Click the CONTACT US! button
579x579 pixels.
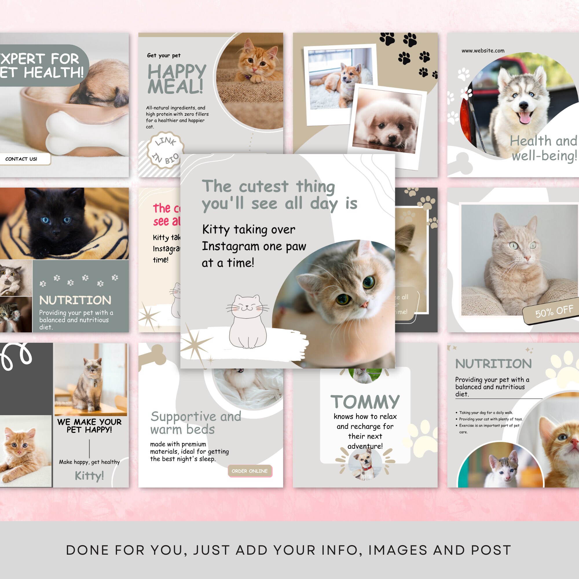(x=22, y=159)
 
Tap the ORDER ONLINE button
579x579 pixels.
(x=250, y=471)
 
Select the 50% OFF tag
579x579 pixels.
(x=554, y=312)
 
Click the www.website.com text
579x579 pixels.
(x=483, y=51)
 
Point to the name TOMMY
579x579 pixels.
(x=365, y=402)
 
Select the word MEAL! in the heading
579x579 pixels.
(x=176, y=87)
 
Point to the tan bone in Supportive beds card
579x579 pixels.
(x=153, y=356)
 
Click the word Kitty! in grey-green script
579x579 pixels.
(x=89, y=476)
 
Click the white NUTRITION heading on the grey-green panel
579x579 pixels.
(x=75, y=300)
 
